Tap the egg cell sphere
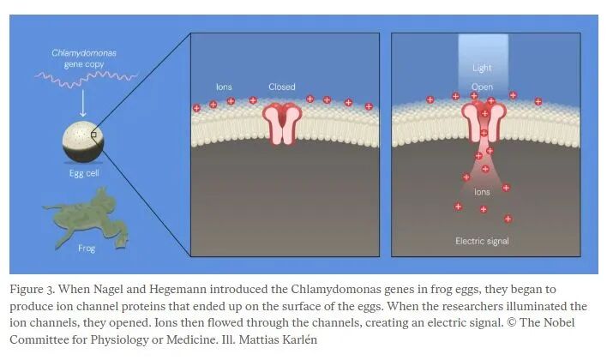(83, 142)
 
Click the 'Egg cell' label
(84, 173)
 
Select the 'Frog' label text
(87, 248)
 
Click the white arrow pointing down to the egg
(83, 103)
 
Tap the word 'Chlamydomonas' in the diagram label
(84, 53)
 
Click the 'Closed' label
(282, 87)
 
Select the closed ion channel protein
(282, 124)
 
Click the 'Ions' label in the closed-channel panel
(224, 87)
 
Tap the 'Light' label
(482, 68)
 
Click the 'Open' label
(482, 87)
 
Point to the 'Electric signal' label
(482, 241)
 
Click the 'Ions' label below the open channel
(482, 192)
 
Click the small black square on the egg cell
(93, 135)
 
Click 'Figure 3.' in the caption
(33, 290)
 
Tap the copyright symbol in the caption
(511, 322)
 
